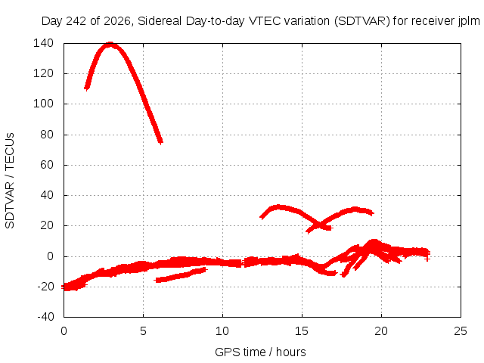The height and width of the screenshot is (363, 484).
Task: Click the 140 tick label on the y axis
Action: [x=44, y=43]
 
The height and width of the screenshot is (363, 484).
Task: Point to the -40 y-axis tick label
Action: [x=45, y=317]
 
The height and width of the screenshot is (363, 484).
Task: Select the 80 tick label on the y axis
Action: [x=47, y=135]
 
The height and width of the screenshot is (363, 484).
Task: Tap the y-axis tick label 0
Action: [x=51, y=256]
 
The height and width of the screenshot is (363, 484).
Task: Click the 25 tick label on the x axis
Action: [x=461, y=331]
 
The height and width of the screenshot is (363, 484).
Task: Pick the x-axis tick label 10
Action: [x=222, y=331]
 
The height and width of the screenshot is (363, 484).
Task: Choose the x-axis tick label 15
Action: [x=302, y=331]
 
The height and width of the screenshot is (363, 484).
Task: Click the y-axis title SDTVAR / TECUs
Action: [x=10, y=181]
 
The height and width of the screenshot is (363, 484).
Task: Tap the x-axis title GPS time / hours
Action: [x=260, y=352]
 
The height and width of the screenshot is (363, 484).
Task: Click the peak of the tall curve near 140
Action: [x=110, y=45]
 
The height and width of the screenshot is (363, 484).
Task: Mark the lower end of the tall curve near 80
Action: [x=160, y=142]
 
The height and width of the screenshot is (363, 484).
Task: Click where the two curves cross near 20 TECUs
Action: [x=320, y=224]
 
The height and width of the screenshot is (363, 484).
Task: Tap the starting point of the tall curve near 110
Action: [x=87, y=88]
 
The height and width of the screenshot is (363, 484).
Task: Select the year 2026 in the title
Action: [x=117, y=21]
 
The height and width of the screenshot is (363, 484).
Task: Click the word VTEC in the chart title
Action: [x=262, y=21]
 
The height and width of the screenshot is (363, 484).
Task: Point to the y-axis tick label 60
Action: [x=47, y=165]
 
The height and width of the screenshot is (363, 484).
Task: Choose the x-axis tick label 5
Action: [x=143, y=331]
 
